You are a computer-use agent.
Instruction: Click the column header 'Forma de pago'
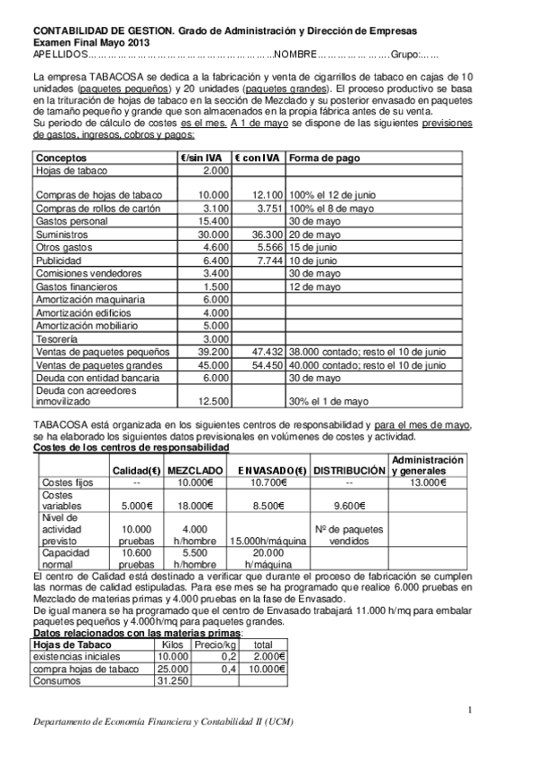coord(324,158)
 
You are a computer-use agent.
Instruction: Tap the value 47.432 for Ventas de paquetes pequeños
coord(265,352)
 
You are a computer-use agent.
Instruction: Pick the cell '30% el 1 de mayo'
coord(328,401)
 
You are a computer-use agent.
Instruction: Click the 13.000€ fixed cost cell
coord(427,483)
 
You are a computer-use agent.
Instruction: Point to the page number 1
coord(469,710)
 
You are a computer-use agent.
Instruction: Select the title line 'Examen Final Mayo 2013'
coord(91,42)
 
